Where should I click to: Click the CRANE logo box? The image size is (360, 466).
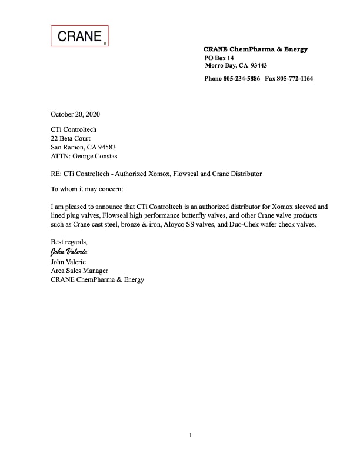click(80, 36)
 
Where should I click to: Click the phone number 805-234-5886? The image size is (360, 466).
click(242, 78)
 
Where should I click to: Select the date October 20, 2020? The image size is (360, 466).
click(79, 114)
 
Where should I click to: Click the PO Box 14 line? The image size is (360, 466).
click(219, 58)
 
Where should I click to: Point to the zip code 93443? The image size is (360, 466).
click(259, 66)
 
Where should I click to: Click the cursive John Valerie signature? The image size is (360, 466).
click(69, 252)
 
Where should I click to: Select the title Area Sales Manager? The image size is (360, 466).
click(79, 271)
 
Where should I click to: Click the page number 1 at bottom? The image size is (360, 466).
click(191, 435)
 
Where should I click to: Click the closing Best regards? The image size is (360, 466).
click(69, 242)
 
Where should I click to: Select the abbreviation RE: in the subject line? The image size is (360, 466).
click(56, 174)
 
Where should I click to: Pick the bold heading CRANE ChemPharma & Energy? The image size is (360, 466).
click(255, 49)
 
